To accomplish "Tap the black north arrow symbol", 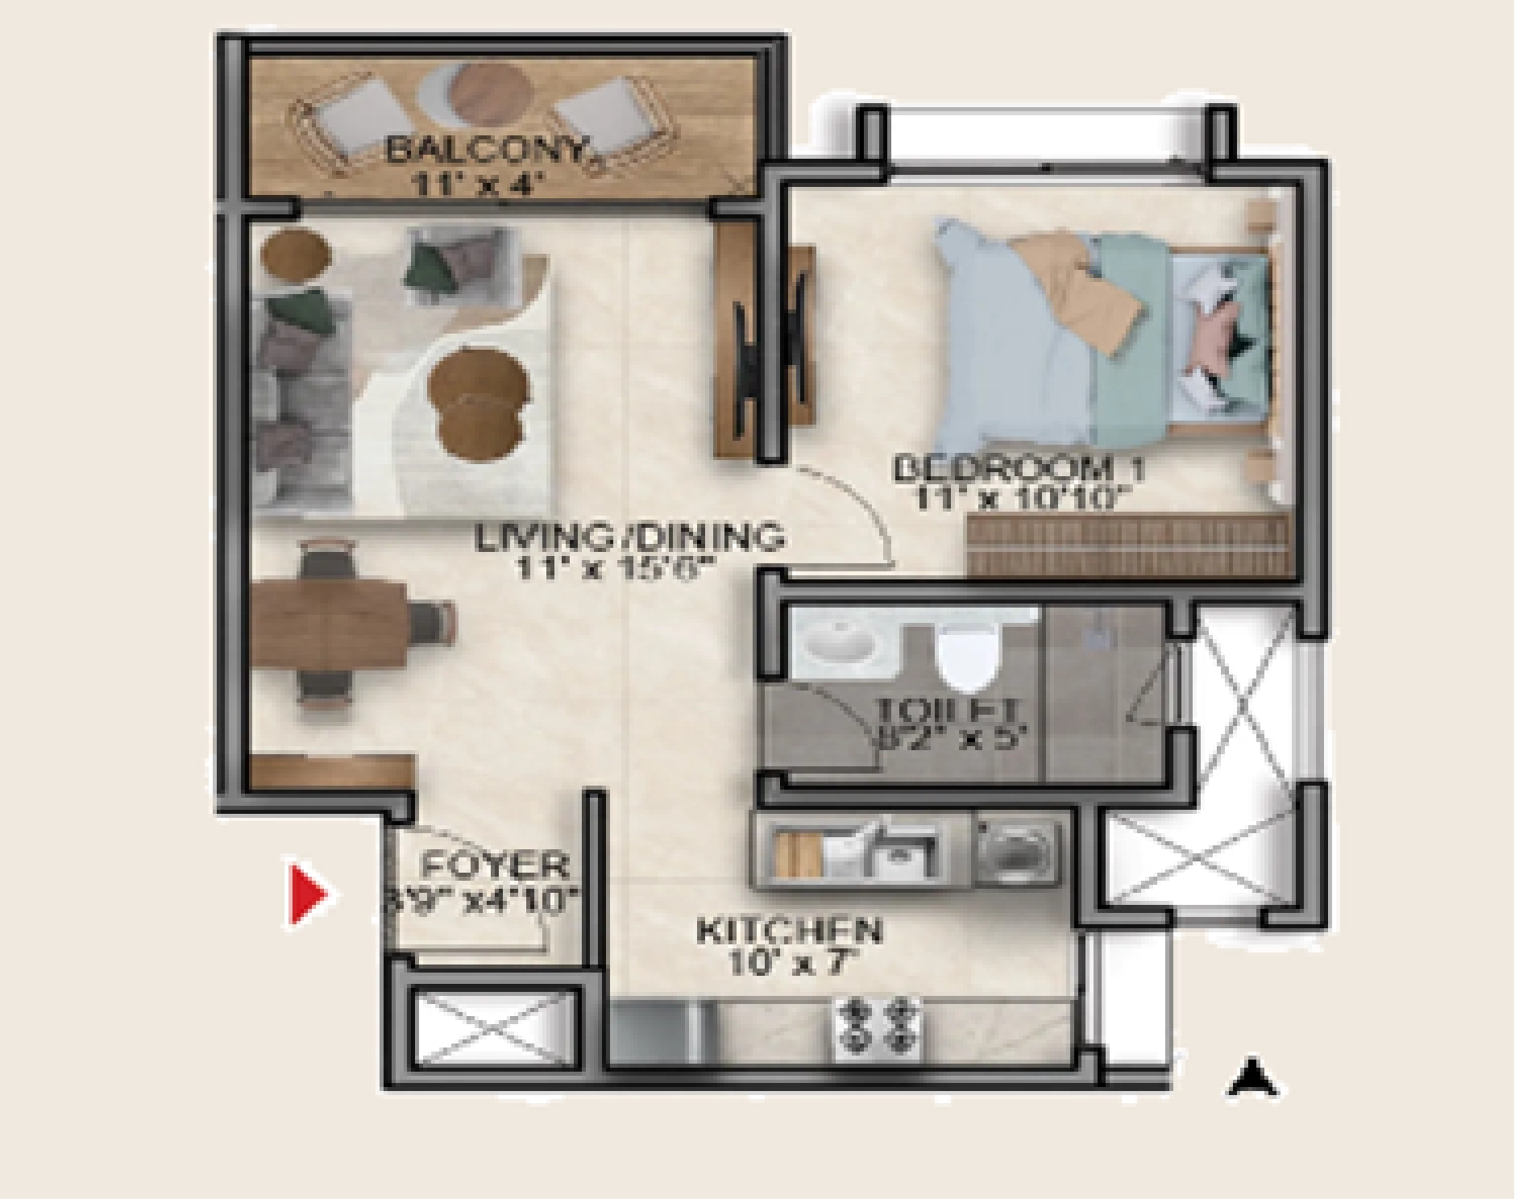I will pos(1252,1079).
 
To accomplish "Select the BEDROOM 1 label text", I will pos(1019,468).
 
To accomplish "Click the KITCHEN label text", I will pos(789,931).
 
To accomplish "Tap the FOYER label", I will pos(495,866).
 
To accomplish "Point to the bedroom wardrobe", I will pos(1128,546).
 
